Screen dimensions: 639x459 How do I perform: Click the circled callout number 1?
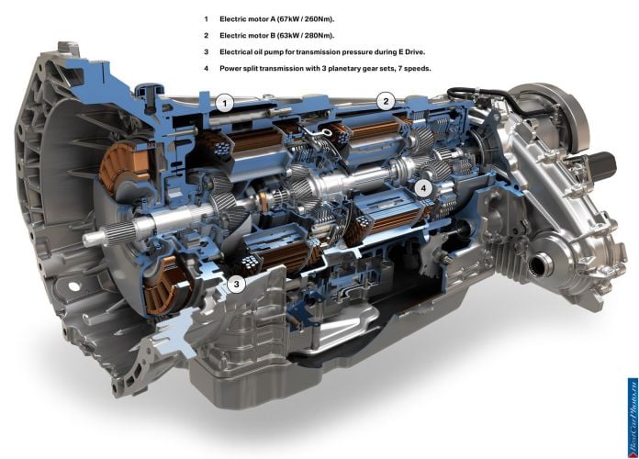[x=225, y=104]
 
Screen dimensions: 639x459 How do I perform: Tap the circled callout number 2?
[x=386, y=101]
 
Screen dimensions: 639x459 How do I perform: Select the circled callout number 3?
[x=236, y=284]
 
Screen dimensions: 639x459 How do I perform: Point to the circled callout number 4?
[x=424, y=188]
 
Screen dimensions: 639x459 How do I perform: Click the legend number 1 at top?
[x=207, y=19]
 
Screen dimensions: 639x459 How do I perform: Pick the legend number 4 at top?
[x=207, y=69]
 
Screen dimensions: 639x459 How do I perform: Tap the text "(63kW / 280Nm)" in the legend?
[x=306, y=36]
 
